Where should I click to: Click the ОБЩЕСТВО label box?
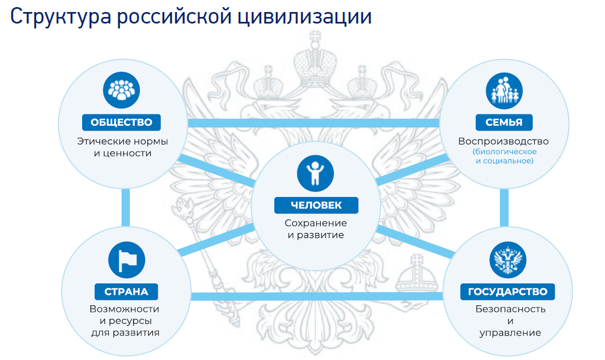(x=122, y=122)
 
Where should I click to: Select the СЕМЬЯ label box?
(x=504, y=122)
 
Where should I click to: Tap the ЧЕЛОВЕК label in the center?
(x=316, y=205)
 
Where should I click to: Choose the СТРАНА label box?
(x=126, y=291)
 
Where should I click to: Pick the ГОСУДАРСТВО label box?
(x=508, y=291)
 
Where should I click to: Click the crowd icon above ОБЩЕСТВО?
(x=122, y=89)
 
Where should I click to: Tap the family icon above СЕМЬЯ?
(x=504, y=89)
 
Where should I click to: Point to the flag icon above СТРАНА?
(x=127, y=260)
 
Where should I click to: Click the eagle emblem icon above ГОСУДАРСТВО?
(x=507, y=259)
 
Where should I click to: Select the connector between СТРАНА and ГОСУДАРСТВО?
(x=318, y=297)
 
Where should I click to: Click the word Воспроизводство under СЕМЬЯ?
(x=503, y=141)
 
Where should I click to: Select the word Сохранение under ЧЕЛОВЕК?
(x=315, y=223)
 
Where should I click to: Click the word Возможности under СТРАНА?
(x=124, y=309)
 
